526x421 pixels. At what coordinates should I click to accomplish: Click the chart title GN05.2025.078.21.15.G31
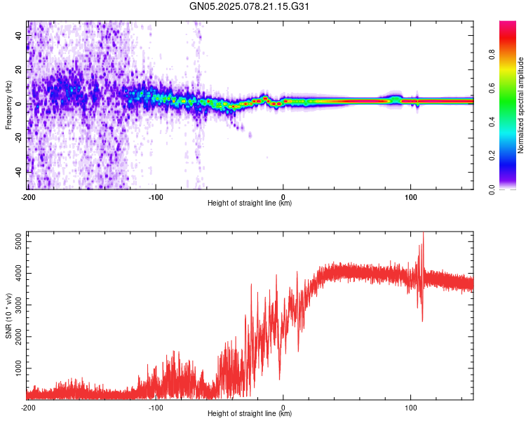249,6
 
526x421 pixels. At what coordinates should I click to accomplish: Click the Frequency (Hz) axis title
8,105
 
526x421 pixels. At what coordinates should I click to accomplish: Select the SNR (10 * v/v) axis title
8,316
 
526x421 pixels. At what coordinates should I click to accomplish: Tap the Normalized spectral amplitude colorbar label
520,105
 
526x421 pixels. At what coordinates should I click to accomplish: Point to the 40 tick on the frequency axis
19,35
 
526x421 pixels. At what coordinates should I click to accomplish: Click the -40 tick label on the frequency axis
19,171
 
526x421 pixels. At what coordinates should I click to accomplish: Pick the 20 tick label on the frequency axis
19,69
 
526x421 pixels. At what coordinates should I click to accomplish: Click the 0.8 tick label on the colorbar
492,55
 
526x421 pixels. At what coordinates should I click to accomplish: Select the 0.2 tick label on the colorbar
492,156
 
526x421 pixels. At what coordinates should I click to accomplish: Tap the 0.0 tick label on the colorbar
492,189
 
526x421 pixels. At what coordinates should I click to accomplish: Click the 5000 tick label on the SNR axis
19,241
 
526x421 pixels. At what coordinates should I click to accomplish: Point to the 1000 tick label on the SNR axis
19,368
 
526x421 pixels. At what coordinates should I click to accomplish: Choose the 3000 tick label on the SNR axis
19,305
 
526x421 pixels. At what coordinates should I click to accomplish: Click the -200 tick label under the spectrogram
28,197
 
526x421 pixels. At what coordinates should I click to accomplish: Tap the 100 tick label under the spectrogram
410,197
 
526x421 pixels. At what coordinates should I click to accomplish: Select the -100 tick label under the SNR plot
156,408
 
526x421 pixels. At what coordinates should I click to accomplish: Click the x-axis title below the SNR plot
250,413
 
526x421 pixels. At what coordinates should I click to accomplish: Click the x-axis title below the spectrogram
250,203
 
